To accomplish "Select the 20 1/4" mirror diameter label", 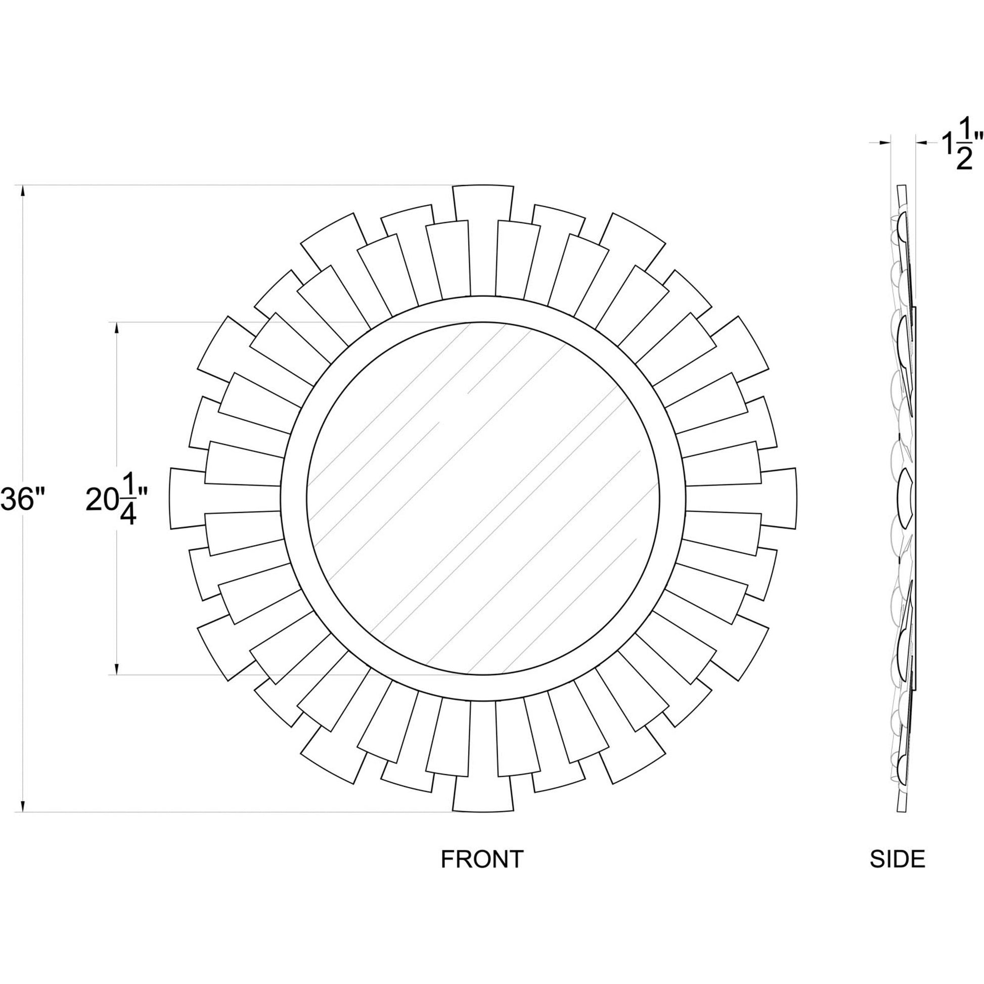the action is [117, 500].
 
